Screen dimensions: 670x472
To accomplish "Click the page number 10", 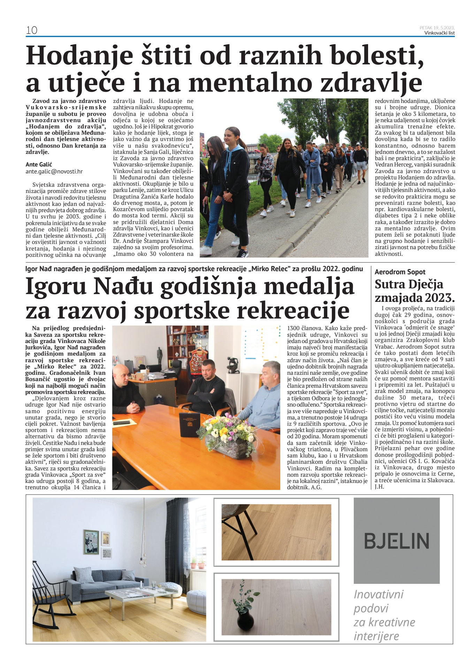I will [31, 30].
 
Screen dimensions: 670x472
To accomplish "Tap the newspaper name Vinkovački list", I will [439, 33].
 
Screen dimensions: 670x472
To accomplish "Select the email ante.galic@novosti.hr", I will [54, 171].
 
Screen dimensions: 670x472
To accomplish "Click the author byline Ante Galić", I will [39, 164].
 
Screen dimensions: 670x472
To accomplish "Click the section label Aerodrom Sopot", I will [400, 272].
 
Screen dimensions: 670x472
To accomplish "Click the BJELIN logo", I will [396, 541].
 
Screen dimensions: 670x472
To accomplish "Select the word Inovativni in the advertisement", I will [378, 594].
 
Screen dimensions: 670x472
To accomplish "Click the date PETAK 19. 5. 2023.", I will [437, 28].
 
